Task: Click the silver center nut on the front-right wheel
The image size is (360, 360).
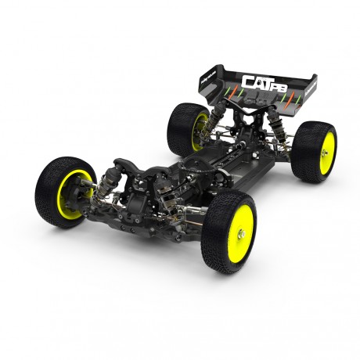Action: tap(239, 233)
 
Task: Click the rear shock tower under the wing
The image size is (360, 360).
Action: tap(247, 117)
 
